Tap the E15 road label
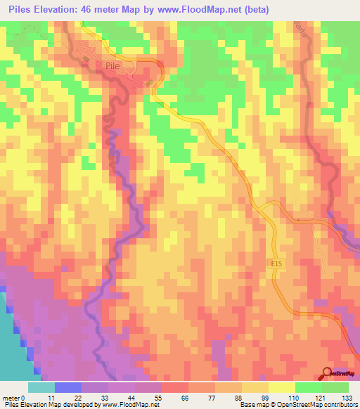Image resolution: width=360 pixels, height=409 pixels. pyautogui.click(x=278, y=264)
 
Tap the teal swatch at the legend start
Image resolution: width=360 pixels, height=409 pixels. pyautogui.click(x=41, y=387)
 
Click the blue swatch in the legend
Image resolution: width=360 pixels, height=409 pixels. pyautogui.click(x=68, y=387)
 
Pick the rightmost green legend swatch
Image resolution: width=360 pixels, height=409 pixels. pyautogui.click(x=335, y=387)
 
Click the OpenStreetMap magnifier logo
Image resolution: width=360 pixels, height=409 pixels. pyautogui.click(x=328, y=373)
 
